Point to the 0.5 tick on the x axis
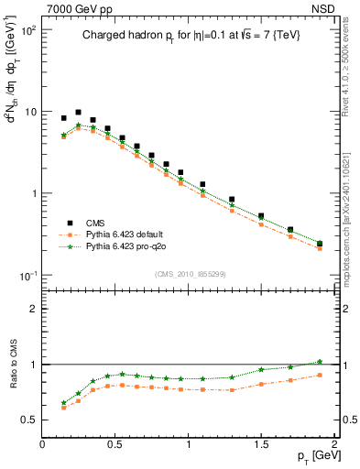point(115,443)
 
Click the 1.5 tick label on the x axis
point(261,443)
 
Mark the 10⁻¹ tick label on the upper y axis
point(27,276)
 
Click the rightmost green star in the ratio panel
point(320,362)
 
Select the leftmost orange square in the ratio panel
point(63,408)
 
